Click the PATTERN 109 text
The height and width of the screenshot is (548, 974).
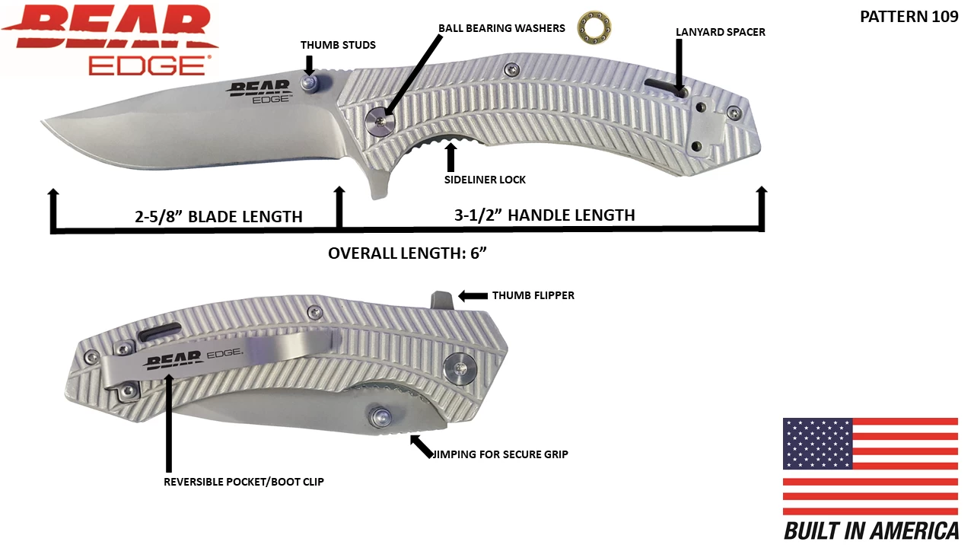909,17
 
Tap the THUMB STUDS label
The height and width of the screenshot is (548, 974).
338,45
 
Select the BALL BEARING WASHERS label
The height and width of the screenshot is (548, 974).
501,28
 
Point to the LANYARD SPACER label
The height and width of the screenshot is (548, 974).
720,32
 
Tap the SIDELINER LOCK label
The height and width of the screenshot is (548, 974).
485,180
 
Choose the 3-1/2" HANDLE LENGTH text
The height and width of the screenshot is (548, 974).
544,215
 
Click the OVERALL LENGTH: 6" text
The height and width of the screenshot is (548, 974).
406,253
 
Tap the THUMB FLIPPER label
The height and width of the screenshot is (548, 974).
533,295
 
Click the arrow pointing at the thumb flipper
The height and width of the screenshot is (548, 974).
472,295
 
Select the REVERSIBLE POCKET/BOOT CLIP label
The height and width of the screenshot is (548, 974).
243,482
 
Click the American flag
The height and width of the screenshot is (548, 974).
870,465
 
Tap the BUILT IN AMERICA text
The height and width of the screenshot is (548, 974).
871,531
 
